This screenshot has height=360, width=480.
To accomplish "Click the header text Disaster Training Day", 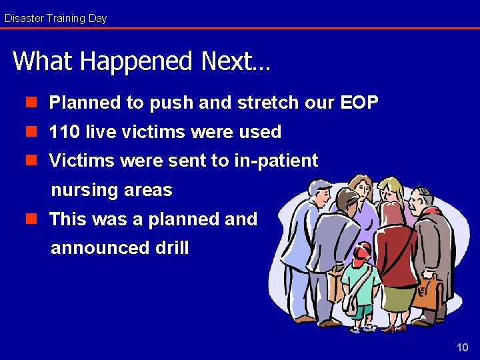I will tap(55, 18).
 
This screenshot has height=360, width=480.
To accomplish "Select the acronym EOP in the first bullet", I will tap(359, 103).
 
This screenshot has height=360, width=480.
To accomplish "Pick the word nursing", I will tap(85, 190).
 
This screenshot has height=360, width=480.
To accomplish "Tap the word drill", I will tap(172, 248).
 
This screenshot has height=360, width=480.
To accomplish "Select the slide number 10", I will tap(462, 347).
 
